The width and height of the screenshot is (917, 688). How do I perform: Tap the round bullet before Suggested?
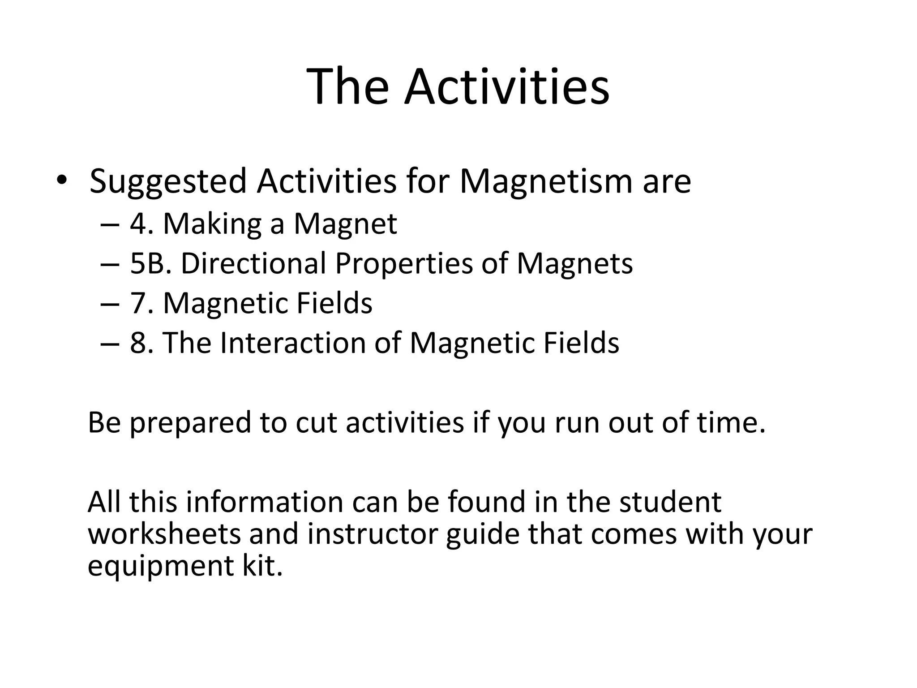(61, 180)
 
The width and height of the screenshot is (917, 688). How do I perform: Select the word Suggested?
(168, 181)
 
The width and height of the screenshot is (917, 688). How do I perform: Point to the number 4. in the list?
(141, 224)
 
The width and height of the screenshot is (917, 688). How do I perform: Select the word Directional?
(253, 263)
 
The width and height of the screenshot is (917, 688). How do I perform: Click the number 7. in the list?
(141, 303)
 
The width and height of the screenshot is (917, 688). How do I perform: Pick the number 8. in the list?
(141, 343)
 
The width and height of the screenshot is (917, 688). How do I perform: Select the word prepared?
(190, 423)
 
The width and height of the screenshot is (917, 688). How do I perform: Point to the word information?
(264, 502)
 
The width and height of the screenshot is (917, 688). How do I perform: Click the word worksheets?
(164, 534)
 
